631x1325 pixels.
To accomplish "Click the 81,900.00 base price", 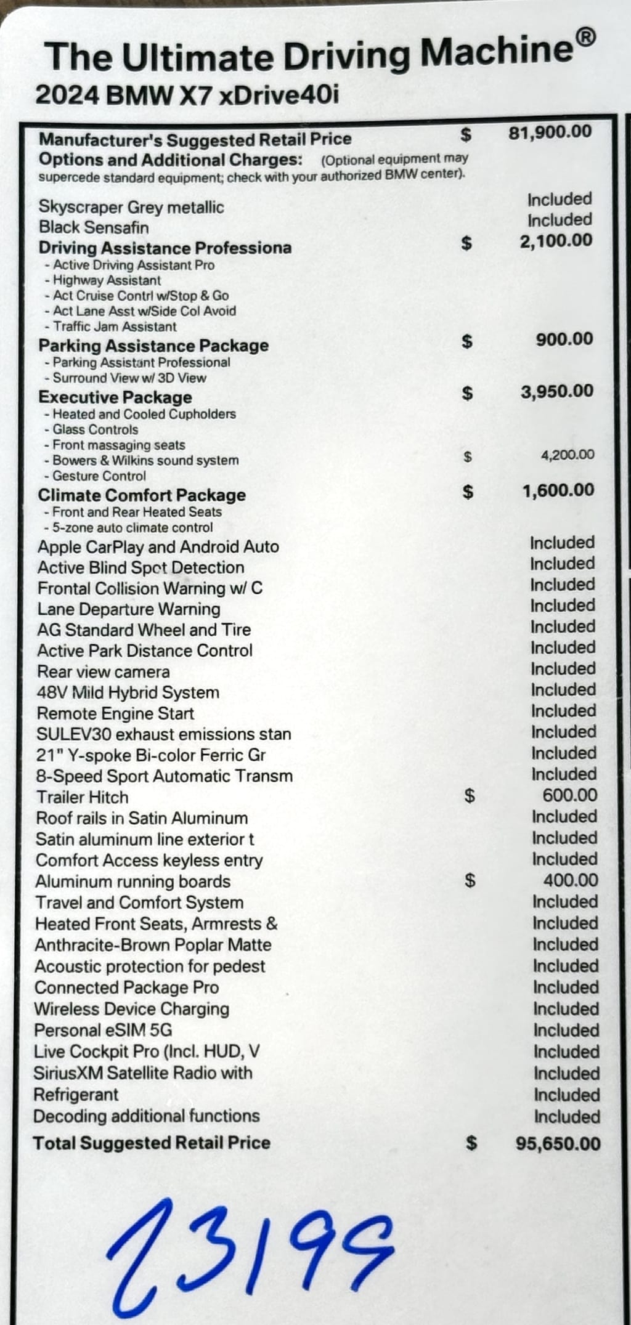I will [x=550, y=132].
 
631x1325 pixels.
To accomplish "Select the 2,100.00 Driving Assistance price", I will [x=556, y=241].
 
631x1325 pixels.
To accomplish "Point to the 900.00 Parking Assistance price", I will [x=564, y=339].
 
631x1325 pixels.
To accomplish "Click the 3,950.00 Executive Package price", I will [x=557, y=392].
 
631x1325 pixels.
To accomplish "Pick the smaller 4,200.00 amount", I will [x=568, y=455].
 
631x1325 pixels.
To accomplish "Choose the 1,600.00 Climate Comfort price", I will [x=558, y=491].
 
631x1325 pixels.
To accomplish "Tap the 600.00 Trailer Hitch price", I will [x=569, y=795].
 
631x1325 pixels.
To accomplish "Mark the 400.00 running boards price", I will [x=570, y=880].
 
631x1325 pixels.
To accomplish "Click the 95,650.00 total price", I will [x=558, y=1144].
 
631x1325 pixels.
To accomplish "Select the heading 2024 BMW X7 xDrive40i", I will [x=187, y=96].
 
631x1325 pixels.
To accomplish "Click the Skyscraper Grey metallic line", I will [x=131, y=207].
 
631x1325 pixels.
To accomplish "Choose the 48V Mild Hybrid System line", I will [x=128, y=692].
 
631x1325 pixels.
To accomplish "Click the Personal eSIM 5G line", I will [x=103, y=1030].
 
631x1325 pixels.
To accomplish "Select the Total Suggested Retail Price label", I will [x=152, y=1143].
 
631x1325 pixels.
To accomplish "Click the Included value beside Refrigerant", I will [x=566, y=1095].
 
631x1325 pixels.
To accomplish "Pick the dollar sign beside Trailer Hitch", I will [x=470, y=796].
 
